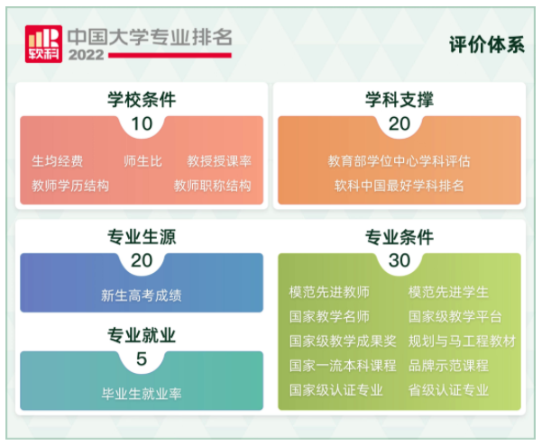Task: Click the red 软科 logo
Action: point(43,44)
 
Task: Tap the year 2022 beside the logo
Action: point(86,55)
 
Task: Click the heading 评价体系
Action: point(487,44)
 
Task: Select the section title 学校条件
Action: point(142,99)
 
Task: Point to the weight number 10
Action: point(142,123)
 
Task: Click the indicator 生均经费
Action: point(58,161)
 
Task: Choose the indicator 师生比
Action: point(142,161)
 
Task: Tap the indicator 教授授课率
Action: point(219,161)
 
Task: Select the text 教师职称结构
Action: point(213,186)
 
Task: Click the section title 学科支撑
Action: point(400,99)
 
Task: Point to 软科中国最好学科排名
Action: point(400,186)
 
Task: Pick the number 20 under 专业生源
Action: point(142,260)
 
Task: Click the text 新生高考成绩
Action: point(142,295)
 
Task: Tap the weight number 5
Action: point(142,359)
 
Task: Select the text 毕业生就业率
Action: point(142,394)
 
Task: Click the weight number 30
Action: point(400,260)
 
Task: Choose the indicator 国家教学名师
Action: point(329,316)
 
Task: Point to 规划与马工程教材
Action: point(462,341)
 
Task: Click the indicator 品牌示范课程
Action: point(448,365)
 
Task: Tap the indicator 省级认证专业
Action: point(448,390)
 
